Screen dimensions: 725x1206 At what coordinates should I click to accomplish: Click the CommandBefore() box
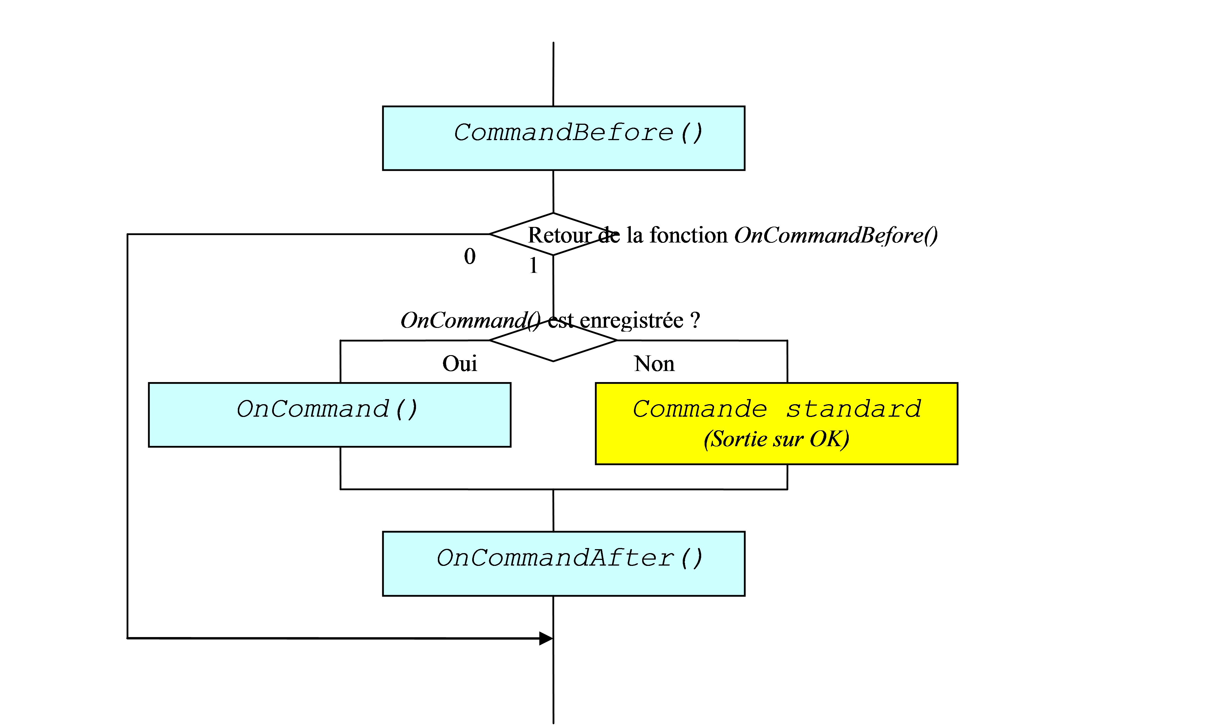tap(564, 138)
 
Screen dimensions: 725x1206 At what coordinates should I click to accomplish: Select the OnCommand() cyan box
tap(329, 415)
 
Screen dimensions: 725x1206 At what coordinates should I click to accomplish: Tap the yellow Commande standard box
tap(776, 423)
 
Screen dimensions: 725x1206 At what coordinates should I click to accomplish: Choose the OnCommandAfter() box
tap(564, 564)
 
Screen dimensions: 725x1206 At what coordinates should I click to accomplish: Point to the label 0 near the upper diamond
tap(470, 256)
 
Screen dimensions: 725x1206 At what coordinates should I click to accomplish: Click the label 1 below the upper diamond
tap(533, 266)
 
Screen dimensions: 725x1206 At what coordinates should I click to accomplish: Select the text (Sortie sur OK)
tap(776, 439)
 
